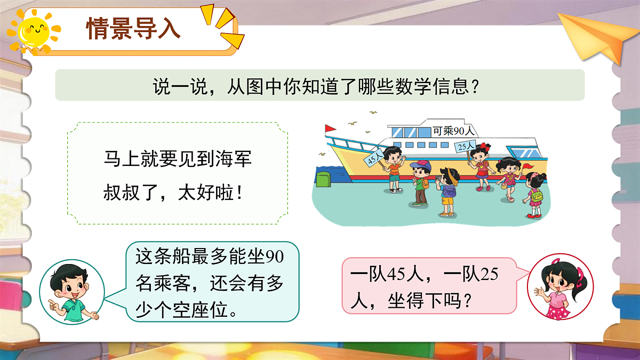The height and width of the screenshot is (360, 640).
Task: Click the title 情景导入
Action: (134, 29)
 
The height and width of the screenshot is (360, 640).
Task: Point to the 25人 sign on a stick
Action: (466, 145)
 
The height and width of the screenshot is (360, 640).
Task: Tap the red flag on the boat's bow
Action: (330, 129)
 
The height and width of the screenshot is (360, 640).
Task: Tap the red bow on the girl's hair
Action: (484, 146)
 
